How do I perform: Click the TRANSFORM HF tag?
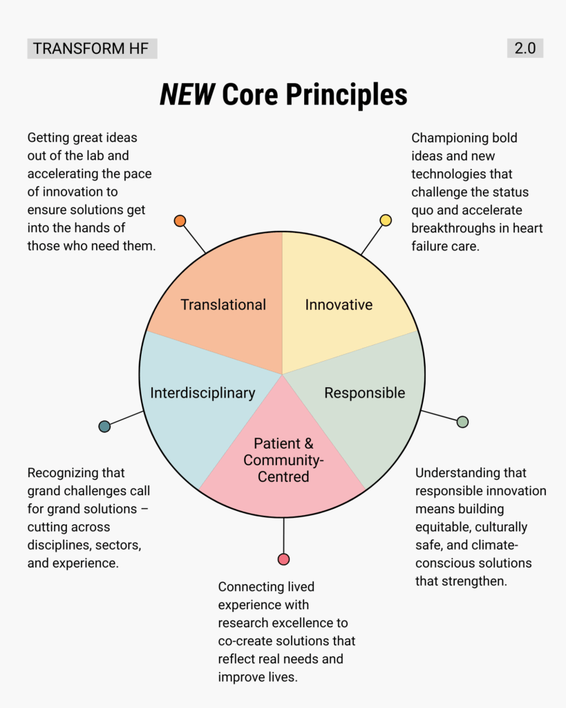(x=92, y=48)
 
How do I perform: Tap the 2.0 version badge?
(x=525, y=48)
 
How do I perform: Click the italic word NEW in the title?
(x=187, y=95)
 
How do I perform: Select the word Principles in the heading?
(x=352, y=95)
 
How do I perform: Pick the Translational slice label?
(x=223, y=305)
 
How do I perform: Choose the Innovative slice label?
(x=339, y=305)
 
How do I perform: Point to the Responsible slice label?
(x=365, y=393)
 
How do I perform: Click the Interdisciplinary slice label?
(x=202, y=393)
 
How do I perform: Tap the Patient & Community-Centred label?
(x=283, y=460)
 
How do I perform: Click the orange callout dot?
(x=180, y=221)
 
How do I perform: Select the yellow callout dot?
(x=386, y=220)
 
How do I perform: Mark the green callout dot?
(x=462, y=422)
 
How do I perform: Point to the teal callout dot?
(x=104, y=427)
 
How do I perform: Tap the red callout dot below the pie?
(x=283, y=559)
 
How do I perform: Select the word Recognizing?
(x=66, y=474)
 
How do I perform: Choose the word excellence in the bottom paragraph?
(x=318, y=623)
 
